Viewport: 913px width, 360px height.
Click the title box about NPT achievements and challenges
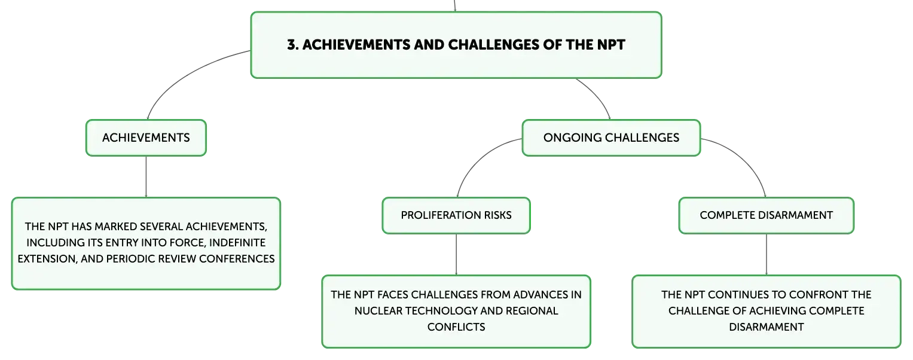click(x=456, y=45)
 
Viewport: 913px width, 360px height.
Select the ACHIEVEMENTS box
click(x=146, y=138)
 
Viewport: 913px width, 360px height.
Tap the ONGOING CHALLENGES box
click(x=611, y=138)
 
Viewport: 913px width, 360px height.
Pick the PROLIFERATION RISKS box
click(x=456, y=215)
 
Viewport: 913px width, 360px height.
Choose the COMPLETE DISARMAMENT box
click(x=767, y=215)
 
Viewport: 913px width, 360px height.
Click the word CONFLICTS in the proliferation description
click(x=456, y=327)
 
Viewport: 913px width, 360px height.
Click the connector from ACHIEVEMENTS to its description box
click(x=146, y=177)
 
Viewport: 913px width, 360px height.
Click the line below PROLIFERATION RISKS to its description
click(x=456, y=255)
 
